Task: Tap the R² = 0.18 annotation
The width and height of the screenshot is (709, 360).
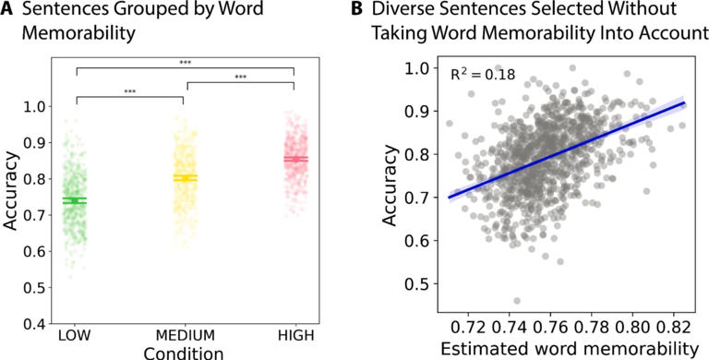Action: [x=482, y=74]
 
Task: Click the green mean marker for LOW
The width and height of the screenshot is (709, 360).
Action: [x=76, y=200]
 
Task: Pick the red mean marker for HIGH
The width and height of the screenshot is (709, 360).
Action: [x=295, y=159]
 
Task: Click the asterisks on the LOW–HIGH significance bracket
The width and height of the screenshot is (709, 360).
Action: [x=186, y=64]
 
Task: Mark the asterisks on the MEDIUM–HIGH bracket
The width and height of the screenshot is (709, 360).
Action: [x=241, y=78]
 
